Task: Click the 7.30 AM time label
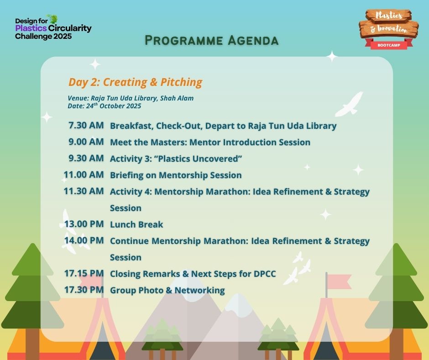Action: pos(86,126)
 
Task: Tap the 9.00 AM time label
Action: pos(86,142)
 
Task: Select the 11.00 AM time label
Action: pos(84,175)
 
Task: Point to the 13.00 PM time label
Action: pos(84,224)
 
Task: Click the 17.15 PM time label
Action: pos(84,273)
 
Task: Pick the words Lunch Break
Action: pos(136,224)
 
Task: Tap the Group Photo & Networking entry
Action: pos(167,291)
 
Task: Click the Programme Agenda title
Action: pos(211,41)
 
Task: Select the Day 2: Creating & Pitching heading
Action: pos(136,82)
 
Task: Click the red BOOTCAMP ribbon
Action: pos(389,45)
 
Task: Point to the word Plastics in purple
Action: pos(31,28)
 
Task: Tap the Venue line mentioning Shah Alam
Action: pos(131,98)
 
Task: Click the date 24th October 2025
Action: pos(114,106)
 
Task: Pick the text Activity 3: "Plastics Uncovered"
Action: pos(176,159)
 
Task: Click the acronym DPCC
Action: pos(265,274)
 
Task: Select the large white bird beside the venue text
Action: pos(350,104)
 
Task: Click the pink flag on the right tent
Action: pos(339,281)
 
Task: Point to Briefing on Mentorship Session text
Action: pos(176,175)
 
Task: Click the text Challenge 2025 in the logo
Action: pos(43,37)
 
